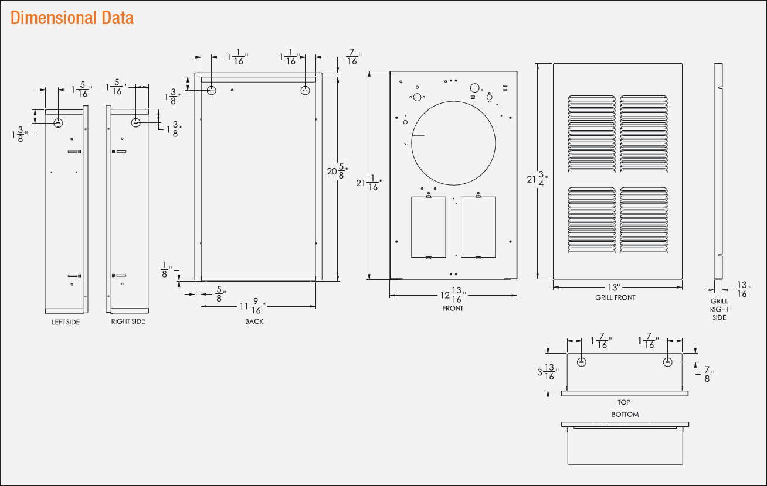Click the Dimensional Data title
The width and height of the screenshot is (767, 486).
point(72,18)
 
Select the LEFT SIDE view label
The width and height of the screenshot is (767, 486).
point(66,322)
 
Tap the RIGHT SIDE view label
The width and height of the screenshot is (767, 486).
point(128,321)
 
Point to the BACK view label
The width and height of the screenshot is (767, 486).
point(254,321)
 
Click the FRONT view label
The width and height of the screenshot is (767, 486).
point(453,309)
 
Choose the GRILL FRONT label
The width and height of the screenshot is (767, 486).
point(615,297)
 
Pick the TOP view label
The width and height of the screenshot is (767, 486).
point(623,402)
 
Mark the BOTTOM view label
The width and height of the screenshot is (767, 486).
point(625,414)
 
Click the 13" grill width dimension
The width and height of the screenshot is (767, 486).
point(614,288)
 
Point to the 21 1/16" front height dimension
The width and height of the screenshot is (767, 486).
point(369,184)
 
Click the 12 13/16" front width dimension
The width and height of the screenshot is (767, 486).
point(454,295)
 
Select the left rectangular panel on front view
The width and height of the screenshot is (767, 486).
point(429,227)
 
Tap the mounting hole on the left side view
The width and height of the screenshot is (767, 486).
point(59,123)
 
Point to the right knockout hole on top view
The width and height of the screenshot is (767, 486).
point(668,362)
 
